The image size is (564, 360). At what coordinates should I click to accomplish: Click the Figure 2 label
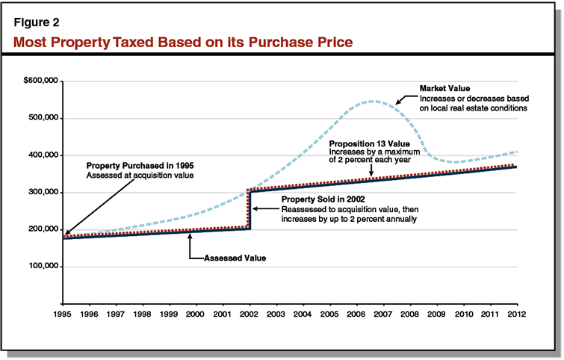37,22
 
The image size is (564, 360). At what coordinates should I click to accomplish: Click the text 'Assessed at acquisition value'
138,175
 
